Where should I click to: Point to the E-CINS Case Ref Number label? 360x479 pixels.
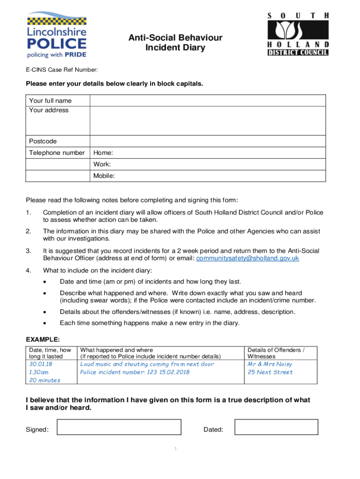tap(61, 70)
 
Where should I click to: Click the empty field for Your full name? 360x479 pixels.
tap(208, 101)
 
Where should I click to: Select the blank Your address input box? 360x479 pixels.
tap(208, 121)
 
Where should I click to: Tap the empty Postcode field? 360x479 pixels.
tap(208, 141)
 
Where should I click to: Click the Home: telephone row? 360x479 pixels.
tap(208, 153)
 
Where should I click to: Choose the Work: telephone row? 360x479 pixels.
tap(208, 165)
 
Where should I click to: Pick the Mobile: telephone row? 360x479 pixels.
tap(208, 176)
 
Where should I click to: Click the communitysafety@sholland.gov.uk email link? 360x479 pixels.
tap(248, 258)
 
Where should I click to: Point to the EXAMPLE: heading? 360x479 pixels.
tap(43, 339)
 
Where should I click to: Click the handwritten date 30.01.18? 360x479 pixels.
tap(41, 364)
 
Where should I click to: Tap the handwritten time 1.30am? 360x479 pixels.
tap(39, 372)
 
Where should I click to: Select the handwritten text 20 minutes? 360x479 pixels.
tap(45, 380)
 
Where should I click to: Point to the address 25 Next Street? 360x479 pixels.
tap(270, 372)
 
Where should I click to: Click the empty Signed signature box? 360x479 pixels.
tap(118, 427)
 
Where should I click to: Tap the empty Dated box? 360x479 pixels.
tap(276, 427)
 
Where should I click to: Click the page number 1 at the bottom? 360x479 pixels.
tap(175, 450)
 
